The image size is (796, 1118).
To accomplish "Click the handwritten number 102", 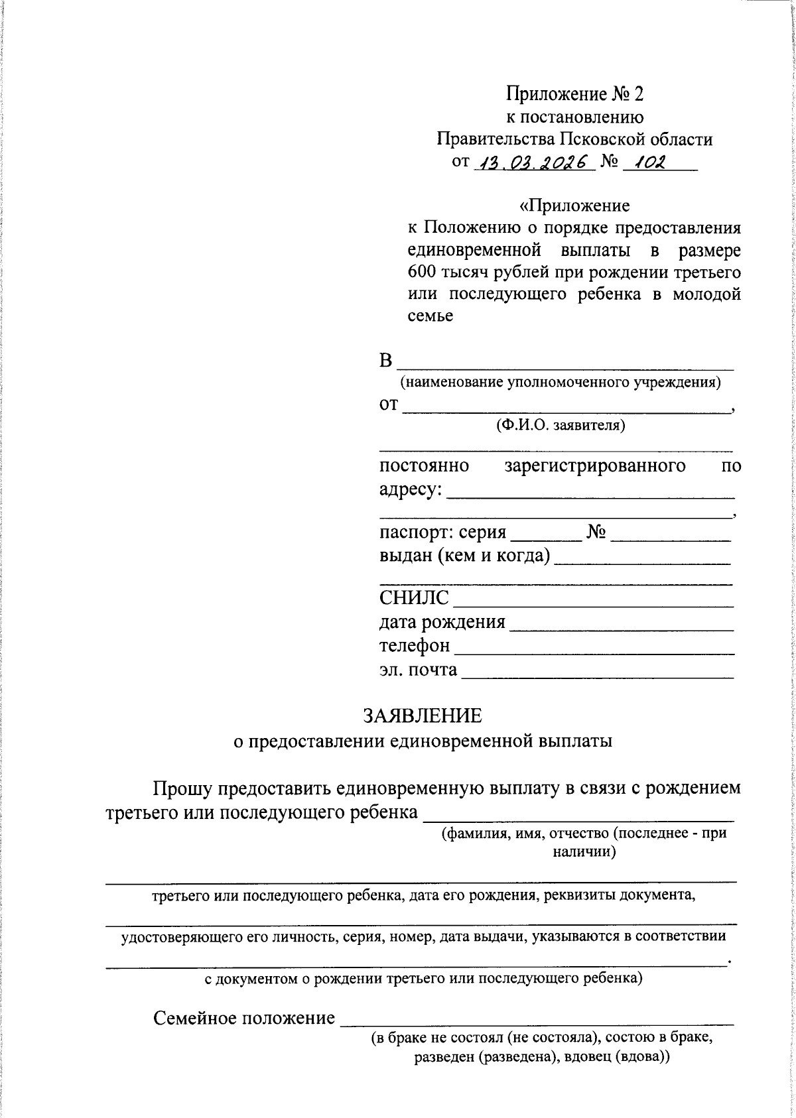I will coord(648,162).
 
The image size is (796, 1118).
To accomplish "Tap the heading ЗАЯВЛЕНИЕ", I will coord(423,715).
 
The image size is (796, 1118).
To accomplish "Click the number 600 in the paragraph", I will coord(423,273).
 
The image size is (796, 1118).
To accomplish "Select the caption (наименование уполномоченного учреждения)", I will coord(560,383).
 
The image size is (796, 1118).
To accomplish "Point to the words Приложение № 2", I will coord(574,94).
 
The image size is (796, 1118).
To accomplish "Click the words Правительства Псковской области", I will coord(574,139).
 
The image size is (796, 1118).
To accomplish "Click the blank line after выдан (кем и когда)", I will coord(642,558).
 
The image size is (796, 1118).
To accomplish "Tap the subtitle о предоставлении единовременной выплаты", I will coord(423,741).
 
